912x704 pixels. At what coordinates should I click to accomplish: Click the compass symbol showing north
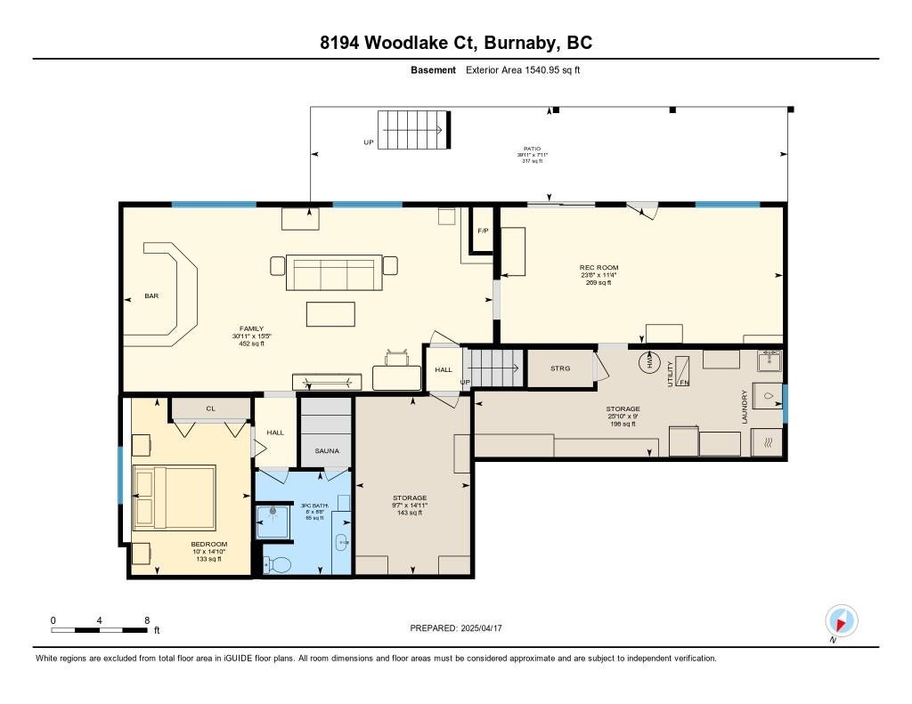(841, 619)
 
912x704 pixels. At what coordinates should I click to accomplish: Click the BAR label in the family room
(151, 296)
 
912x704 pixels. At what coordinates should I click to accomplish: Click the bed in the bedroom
(175, 496)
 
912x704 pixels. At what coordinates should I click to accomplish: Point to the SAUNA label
(327, 451)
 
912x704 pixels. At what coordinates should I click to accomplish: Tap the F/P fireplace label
(483, 231)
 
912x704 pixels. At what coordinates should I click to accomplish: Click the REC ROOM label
(598, 268)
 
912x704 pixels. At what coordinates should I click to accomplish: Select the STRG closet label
(560, 368)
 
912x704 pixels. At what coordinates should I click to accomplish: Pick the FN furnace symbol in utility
(684, 371)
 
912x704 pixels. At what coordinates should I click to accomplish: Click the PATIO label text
(531, 150)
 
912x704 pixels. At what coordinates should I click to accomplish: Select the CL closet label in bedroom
(210, 409)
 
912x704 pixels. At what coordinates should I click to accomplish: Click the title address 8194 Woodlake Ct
(455, 43)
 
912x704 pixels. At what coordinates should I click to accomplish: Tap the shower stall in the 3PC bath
(273, 522)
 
